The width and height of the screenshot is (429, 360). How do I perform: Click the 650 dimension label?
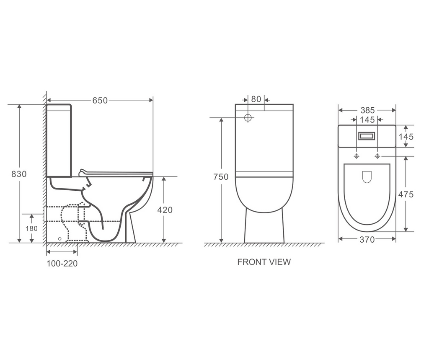tap(100, 100)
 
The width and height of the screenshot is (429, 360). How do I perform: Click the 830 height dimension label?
tap(19, 174)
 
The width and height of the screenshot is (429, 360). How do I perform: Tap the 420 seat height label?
tap(165, 210)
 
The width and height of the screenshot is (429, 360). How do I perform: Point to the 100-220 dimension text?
tap(62, 264)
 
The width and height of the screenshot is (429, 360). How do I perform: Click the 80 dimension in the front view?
tap(256, 99)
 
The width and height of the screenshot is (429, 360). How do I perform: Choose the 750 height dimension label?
tap(221, 177)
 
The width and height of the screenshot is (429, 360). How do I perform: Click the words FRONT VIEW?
tap(264, 262)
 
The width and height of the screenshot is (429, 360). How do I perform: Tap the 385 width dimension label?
tap(367, 111)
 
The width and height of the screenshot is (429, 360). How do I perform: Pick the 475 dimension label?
tap(406, 194)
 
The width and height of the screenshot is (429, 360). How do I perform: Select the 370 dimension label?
tap(367, 239)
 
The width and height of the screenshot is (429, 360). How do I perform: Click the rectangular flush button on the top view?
tap(367, 136)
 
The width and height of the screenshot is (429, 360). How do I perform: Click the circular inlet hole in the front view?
tap(248, 118)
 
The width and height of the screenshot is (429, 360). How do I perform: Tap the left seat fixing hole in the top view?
tap(357, 156)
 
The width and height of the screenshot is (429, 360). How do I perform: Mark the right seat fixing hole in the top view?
tap(377, 156)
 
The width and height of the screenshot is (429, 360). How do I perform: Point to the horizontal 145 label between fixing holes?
tap(367, 120)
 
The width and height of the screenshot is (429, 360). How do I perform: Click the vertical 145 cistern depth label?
tap(406, 137)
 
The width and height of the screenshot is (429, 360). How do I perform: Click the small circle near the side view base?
tap(59, 239)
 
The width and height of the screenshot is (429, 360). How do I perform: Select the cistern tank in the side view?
tap(59, 140)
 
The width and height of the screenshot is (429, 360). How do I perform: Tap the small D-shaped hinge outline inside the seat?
tap(367, 177)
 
